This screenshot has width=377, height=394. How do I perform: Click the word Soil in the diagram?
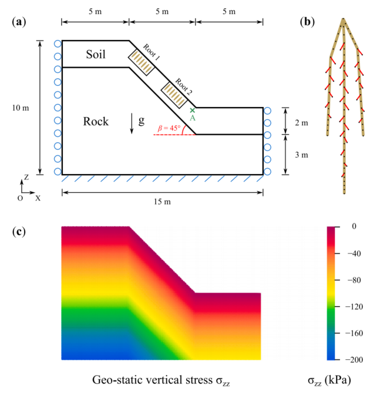pos(96,54)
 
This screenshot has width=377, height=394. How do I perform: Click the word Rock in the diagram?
pos(96,121)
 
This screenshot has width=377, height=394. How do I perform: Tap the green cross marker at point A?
pos(192,111)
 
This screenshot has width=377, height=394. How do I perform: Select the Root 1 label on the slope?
pos(152,52)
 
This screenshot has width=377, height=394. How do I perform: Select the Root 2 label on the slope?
pos(183,86)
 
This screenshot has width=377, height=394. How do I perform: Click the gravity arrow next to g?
pos(132,123)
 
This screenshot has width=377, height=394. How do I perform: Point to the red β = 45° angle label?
pos(169,128)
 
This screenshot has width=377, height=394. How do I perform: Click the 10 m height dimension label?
pos(21,108)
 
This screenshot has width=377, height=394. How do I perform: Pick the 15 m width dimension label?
pos(163,202)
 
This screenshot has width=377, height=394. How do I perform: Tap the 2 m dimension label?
pos(301,123)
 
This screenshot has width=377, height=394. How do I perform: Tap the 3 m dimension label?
pos(301,155)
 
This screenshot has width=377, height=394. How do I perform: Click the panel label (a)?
pos(19,22)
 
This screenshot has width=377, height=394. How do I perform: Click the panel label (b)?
pos(307,22)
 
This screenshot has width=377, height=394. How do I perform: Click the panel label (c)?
pos(19,232)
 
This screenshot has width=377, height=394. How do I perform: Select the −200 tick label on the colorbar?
pos(354,360)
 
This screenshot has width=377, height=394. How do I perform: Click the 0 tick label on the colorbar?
pos(354,226)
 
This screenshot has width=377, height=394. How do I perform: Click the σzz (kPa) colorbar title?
pos(329,380)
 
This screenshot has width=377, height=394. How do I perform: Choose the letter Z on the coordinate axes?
pos(26,177)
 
